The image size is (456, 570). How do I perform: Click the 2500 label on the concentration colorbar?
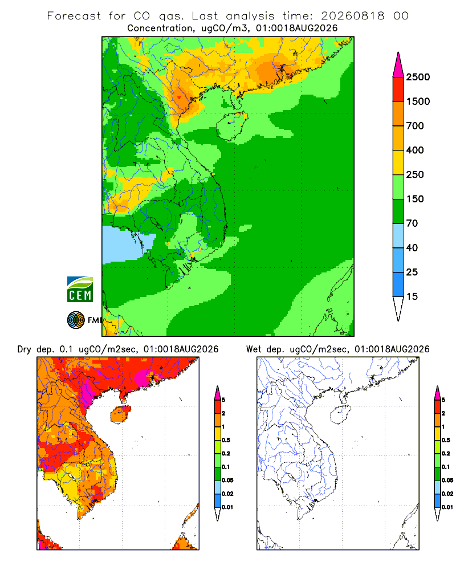[x=418, y=77]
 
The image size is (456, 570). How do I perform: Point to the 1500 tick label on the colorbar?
[x=418, y=101]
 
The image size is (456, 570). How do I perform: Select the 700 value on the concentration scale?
[x=415, y=126]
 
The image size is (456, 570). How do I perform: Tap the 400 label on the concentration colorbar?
[x=415, y=150]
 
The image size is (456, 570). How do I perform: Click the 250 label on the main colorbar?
[x=415, y=174]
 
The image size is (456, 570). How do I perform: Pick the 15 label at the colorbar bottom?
[x=412, y=296]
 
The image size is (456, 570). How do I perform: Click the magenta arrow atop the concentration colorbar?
[x=398, y=65]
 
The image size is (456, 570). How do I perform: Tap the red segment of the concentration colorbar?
[x=398, y=89]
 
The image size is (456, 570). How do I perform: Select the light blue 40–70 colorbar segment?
[x=398, y=235]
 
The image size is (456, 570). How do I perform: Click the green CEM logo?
[x=80, y=290]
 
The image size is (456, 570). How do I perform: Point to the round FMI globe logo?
[x=76, y=320]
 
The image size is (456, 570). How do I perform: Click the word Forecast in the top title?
[x=74, y=16]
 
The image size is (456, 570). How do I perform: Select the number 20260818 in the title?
[x=353, y=16]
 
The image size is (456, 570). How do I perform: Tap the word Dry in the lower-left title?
[x=25, y=349]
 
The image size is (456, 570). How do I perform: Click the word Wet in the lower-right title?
[x=254, y=349]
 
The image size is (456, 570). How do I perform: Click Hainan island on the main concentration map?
[x=232, y=126]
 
